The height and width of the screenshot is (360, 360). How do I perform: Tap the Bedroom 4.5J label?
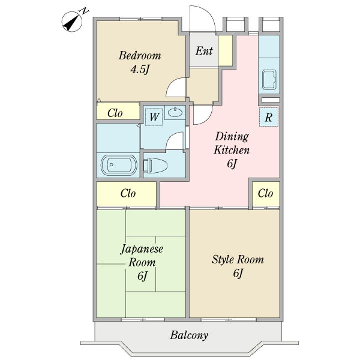140,62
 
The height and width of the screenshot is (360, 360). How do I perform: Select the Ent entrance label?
204,50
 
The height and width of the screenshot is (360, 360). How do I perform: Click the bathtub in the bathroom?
119,165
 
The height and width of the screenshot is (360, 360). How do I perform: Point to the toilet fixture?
155,165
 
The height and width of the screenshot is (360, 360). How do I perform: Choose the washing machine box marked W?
154,117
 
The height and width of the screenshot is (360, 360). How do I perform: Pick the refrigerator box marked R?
269,117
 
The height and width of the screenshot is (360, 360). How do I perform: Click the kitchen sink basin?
269,80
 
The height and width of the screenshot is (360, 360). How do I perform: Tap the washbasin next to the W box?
175,112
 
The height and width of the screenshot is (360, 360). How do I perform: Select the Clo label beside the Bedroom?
115,113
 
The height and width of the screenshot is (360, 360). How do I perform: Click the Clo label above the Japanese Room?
128,193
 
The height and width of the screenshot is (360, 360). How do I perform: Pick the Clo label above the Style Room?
265,193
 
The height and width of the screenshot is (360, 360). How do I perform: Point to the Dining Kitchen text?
232,143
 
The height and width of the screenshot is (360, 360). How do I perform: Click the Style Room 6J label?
238,266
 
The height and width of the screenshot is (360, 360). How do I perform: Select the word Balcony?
189,335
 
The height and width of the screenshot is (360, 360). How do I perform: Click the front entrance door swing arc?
210,14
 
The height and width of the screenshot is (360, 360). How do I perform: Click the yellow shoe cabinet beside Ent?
225,50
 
